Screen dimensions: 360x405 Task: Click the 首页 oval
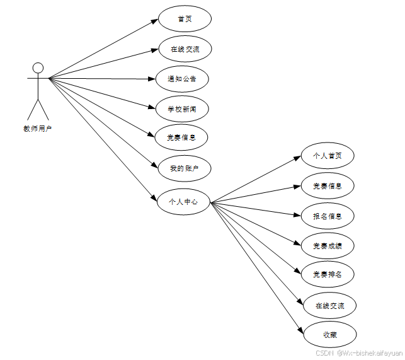point(185,19)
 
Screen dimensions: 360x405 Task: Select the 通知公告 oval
point(182,79)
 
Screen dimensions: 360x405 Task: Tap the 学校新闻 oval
point(182,109)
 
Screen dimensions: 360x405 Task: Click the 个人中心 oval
point(183,202)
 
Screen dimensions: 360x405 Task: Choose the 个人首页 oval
point(327,155)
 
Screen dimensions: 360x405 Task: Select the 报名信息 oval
point(327,216)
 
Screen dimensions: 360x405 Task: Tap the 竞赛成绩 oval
point(327,245)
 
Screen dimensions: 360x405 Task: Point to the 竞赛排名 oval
point(327,274)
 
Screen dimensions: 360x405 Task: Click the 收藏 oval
point(330,334)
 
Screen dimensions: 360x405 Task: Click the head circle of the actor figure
point(38,67)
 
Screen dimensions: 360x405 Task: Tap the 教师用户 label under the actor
point(37,129)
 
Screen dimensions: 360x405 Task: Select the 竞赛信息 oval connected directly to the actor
point(181,137)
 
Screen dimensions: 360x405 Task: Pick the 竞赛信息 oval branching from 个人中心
point(327,185)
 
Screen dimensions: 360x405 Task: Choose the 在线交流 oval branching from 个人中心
point(330,306)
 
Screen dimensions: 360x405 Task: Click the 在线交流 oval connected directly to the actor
point(185,49)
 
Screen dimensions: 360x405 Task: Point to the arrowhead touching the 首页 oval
point(154,21)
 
